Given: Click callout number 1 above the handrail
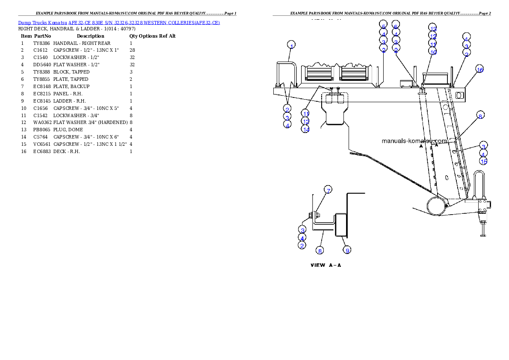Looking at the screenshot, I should coord(291,46).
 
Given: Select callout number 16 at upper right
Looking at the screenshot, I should coord(479,69).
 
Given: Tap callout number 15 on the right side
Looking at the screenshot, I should coord(483,162).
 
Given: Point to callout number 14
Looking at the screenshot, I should coord(305,129).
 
